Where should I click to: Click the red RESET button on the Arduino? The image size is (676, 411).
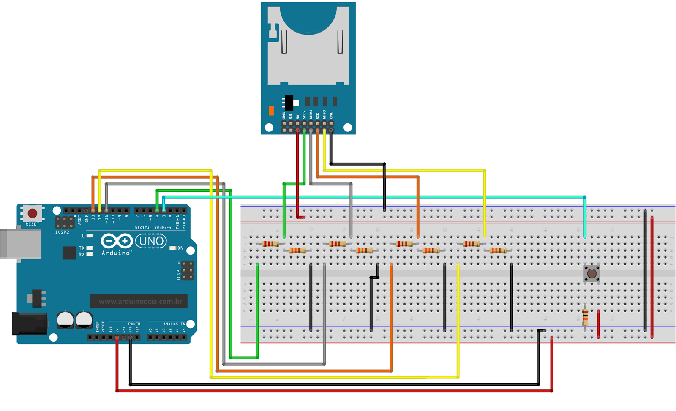pyautogui.click(x=32, y=213)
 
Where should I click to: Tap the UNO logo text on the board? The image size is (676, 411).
pyautogui.click(x=151, y=241)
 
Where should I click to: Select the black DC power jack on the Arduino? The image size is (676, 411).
pyautogui.click(x=29, y=324)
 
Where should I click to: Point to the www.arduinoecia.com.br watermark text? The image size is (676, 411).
pyautogui.click(x=140, y=302)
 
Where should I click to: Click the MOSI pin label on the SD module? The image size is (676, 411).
pyautogui.click(x=311, y=114)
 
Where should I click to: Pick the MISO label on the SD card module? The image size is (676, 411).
pyautogui.click(x=324, y=114)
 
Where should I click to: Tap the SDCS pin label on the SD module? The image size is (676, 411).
pyautogui.click(x=304, y=114)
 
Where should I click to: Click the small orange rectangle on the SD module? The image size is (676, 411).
pyautogui.click(x=271, y=111)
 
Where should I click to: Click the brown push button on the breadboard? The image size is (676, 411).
pyautogui.click(x=591, y=274)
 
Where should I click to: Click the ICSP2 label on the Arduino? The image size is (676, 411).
pyautogui.click(x=62, y=232)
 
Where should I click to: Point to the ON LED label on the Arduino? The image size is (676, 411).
pyautogui.click(x=180, y=248)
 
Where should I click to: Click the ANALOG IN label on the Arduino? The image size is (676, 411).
pyautogui.click(x=174, y=324)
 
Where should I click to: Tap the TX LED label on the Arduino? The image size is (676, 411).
pyautogui.click(x=82, y=248)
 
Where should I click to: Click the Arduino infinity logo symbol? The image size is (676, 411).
pyautogui.click(x=116, y=241)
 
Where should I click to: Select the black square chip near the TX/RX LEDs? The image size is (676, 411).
pyautogui.click(x=69, y=253)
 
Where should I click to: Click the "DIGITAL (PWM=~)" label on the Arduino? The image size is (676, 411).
pyautogui.click(x=153, y=228)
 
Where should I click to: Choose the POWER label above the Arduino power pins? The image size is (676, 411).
pyautogui.click(x=134, y=324)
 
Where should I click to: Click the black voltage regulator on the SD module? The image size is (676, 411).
pyautogui.click(x=289, y=102)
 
